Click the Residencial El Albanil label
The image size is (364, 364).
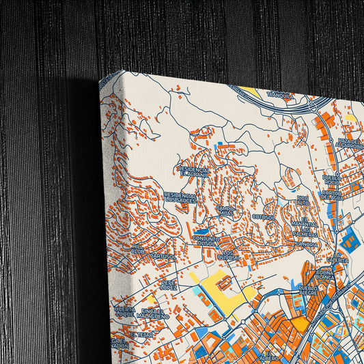(193, 171)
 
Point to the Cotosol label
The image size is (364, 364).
(263, 216)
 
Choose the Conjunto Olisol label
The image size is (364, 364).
(206, 240)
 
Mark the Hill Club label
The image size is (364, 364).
(138, 249)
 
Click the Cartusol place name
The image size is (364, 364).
(162, 256)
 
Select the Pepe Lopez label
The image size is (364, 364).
(169, 284)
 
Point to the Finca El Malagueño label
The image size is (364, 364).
(152, 313)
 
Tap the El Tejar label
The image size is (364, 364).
(142, 335)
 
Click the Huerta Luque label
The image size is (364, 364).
(124, 311)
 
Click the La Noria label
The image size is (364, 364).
(307, 244)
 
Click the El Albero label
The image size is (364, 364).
(268, 356)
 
